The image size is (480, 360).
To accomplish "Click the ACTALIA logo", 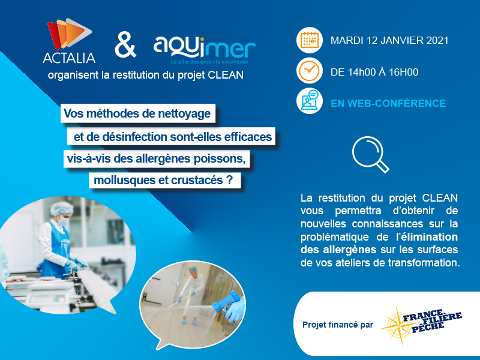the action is click(69, 41).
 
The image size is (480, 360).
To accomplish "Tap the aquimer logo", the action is click(204, 50).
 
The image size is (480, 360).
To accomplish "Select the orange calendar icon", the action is click(310, 40).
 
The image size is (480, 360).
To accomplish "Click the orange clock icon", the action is click(310, 71).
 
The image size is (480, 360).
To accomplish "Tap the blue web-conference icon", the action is click(310, 101).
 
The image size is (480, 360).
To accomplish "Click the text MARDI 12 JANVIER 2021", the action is click(389, 40).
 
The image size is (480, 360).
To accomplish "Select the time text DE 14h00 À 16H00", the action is click(374, 72).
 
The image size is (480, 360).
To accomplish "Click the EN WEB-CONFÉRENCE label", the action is click(388, 103).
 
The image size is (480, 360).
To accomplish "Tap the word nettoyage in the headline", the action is click(184, 113).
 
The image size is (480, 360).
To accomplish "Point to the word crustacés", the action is click(197, 180).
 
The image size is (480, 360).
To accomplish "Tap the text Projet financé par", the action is click(338, 325).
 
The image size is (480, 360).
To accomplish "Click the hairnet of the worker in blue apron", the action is click(62, 208).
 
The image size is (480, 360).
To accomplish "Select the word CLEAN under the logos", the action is click(226, 75).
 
